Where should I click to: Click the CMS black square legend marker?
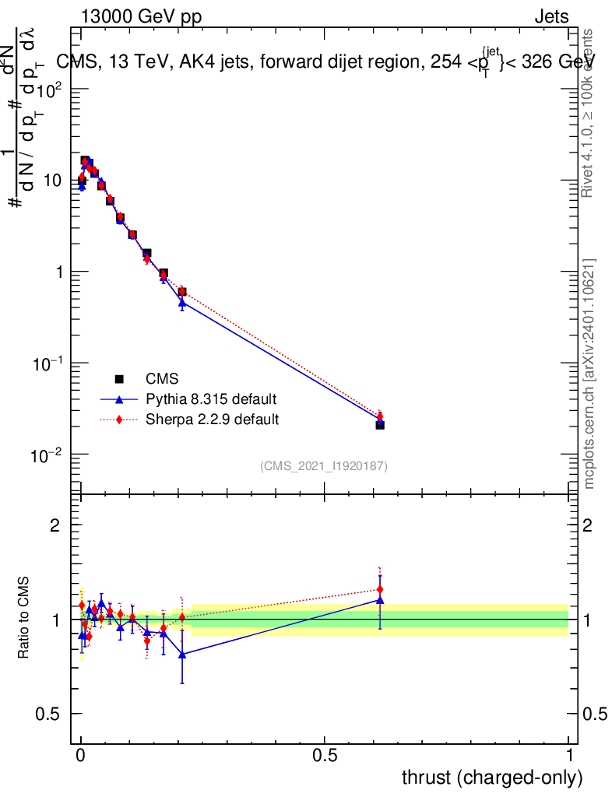point(120,379)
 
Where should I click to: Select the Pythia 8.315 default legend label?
point(211,399)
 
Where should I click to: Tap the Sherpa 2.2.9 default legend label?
point(213,420)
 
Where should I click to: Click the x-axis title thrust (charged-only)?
point(492,777)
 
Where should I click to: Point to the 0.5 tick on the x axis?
point(325,756)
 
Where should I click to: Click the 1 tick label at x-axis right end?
point(569,756)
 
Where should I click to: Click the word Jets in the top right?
point(551,17)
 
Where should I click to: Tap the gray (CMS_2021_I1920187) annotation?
point(324,465)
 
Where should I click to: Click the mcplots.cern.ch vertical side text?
point(589,374)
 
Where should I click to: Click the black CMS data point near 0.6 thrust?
point(380,425)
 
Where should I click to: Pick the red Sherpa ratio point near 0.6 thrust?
point(380,589)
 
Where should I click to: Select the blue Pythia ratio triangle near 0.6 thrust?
point(380,600)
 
